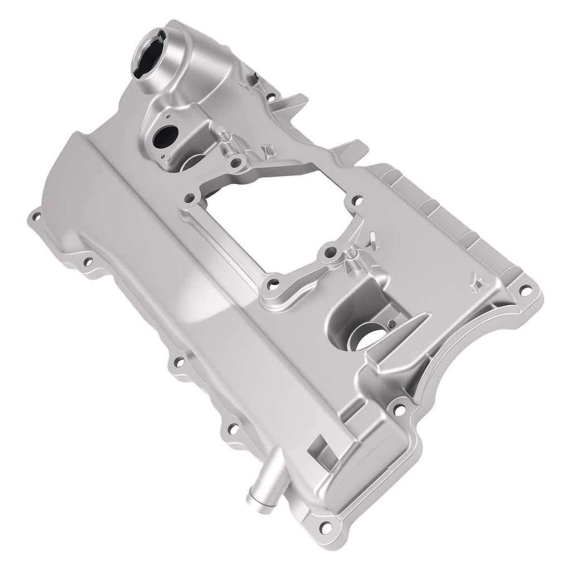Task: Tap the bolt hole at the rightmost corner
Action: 524,290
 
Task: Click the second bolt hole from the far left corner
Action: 88,259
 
